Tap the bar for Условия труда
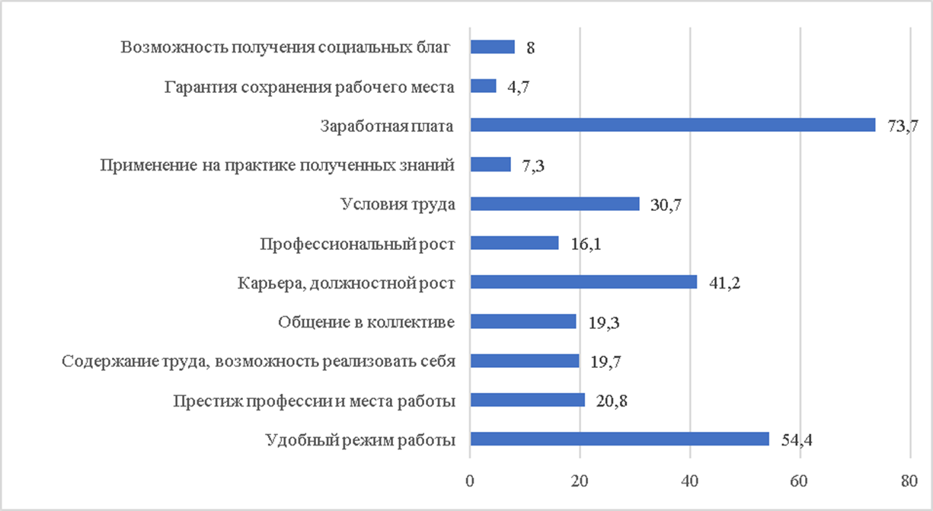554,203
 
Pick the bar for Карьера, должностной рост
583,282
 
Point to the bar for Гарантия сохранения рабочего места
483,86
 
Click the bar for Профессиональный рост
514,243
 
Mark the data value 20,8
611,401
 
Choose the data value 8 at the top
530,47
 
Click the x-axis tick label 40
690,481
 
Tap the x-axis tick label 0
470,481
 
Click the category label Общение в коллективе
366,322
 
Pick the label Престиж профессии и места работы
314,401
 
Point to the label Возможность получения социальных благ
286,47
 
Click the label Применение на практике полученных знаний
278,164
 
